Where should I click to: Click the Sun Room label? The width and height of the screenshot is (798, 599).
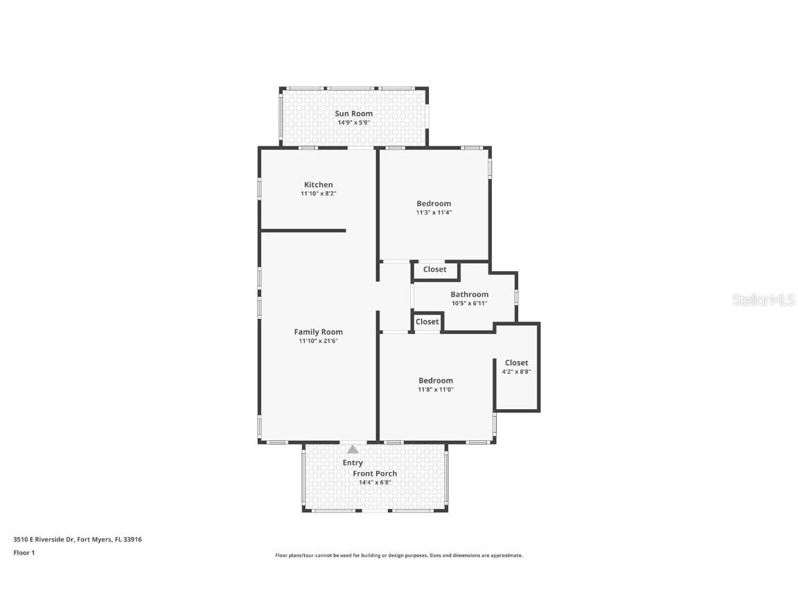click(353, 114)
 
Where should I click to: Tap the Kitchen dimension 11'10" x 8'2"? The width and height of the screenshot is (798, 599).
click(318, 194)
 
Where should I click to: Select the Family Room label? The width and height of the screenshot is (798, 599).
click(318, 332)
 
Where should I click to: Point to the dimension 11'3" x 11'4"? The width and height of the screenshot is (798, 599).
click(434, 213)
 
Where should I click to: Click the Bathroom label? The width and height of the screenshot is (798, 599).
click(469, 295)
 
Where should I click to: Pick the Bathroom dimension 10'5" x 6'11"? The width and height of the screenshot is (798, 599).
click(469, 304)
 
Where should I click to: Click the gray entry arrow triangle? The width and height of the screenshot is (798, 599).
click(353, 449)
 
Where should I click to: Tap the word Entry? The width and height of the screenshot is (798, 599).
click(353, 463)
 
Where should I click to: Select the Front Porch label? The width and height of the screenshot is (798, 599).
click(375, 474)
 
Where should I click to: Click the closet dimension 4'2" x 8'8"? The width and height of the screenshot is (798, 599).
click(516, 372)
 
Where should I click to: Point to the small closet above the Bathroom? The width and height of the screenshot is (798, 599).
click(435, 270)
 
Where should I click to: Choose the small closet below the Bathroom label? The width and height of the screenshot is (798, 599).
click(427, 322)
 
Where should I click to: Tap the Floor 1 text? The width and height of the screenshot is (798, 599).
click(24, 553)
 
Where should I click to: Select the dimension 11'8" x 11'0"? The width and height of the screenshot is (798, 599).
click(435, 390)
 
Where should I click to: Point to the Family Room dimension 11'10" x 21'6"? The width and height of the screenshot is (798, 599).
click(318, 341)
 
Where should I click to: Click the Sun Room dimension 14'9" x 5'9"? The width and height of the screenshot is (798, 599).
click(353, 123)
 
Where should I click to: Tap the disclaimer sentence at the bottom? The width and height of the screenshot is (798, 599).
click(398, 555)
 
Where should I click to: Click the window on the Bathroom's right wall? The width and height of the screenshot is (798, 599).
click(516, 297)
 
